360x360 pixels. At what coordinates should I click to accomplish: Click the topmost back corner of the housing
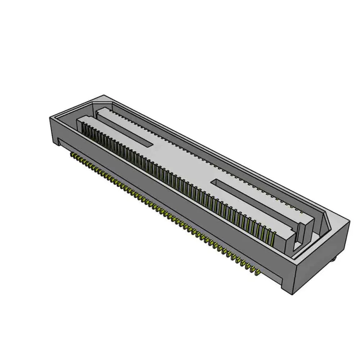coord(103,96)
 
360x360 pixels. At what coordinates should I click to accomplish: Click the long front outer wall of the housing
coord(173,202)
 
